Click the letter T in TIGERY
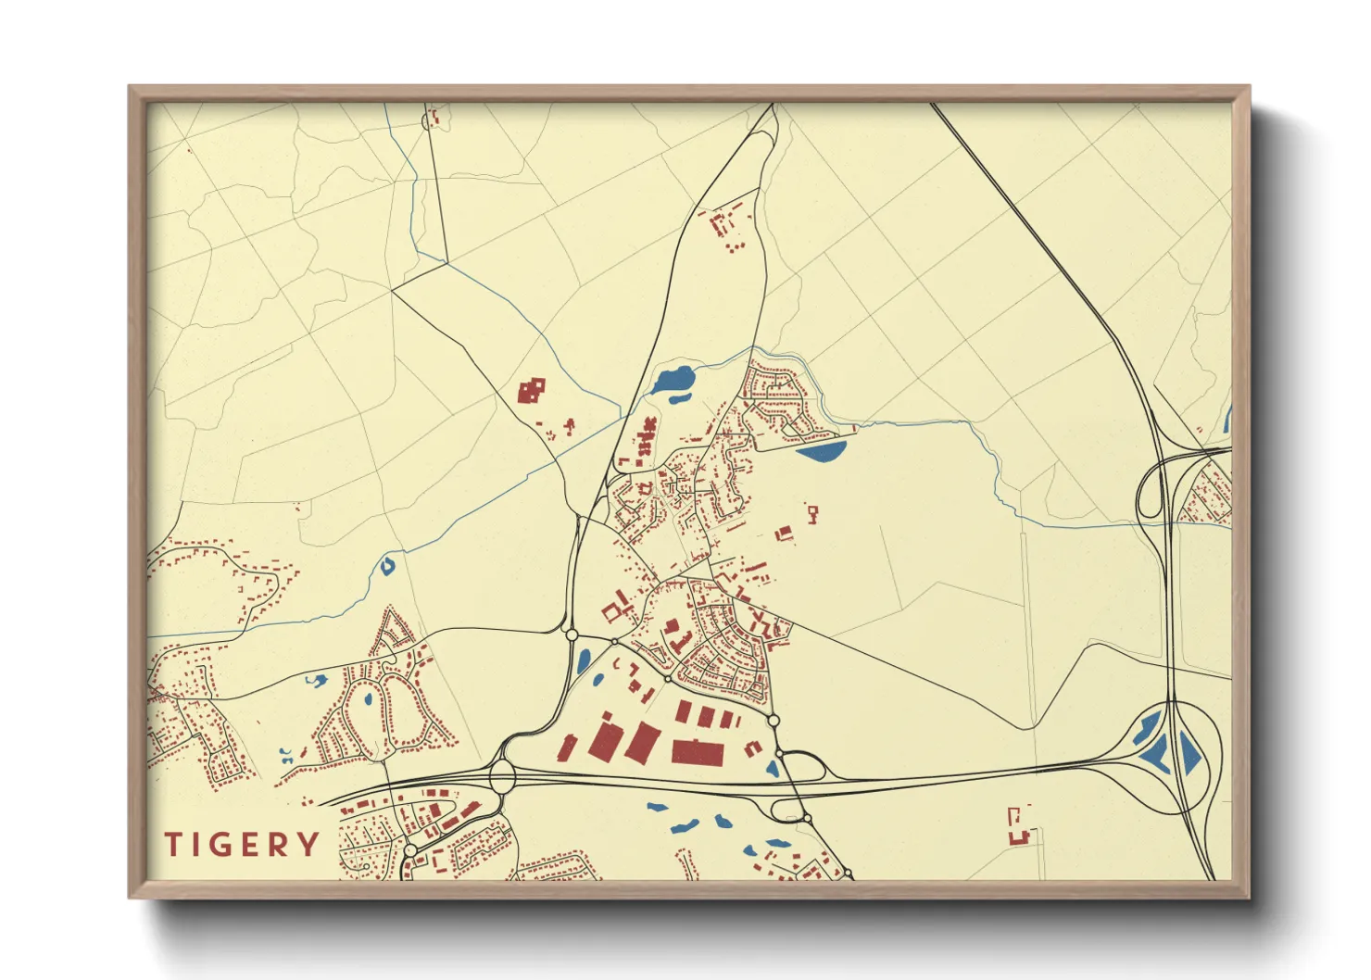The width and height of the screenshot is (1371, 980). pyautogui.click(x=173, y=845)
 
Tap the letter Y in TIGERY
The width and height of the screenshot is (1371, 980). pyautogui.click(x=309, y=845)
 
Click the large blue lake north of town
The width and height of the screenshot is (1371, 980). pyautogui.click(x=673, y=379)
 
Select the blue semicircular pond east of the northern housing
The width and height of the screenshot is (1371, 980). pyautogui.click(x=823, y=451)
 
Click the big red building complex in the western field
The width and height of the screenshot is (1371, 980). pyautogui.click(x=531, y=391)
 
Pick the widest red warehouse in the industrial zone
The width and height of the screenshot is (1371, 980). pyautogui.click(x=698, y=752)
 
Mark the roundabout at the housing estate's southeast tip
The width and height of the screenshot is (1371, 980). pyautogui.click(x=774, y=721)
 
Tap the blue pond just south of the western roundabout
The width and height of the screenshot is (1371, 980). pyautogui.click(x=584, y=660)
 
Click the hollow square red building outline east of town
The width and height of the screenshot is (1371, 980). pyautogui.click(x=813, y=513)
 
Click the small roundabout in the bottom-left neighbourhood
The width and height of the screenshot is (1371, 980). pyautogui.click(x=410, y=849)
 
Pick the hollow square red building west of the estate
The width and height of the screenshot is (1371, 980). pyautogui.click(x=611, y=610)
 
